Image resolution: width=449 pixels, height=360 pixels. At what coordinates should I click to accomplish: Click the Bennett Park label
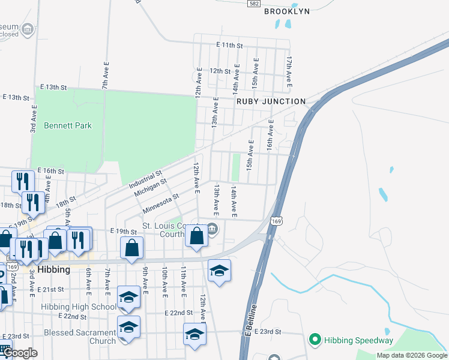tap(68, 126)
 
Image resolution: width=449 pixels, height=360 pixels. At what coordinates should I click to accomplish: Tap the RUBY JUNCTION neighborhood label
tap(271, 101)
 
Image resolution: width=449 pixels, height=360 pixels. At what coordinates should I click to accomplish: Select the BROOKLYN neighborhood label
tap(287, 11)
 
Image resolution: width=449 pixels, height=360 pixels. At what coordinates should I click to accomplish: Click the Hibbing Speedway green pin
tap(314, 340)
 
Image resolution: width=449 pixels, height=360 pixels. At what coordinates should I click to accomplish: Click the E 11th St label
tap(229, 45)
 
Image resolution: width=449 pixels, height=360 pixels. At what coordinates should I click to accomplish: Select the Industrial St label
tap(145, 179)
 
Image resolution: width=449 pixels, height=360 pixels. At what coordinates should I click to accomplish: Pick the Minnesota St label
tap(160, 203)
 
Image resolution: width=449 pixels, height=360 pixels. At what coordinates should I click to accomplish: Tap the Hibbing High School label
tap(79, 307)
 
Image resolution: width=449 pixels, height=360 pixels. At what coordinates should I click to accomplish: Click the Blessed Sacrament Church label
tap(79, 337)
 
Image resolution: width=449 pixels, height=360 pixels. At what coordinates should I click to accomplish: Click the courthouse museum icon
tap(212, 229)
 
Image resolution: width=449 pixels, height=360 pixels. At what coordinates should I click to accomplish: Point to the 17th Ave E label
tap(289, 73)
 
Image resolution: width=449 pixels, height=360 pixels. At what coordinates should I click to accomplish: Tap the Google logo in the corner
tap(20, 353)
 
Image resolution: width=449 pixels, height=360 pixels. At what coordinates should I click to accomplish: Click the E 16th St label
tap(50, 171)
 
